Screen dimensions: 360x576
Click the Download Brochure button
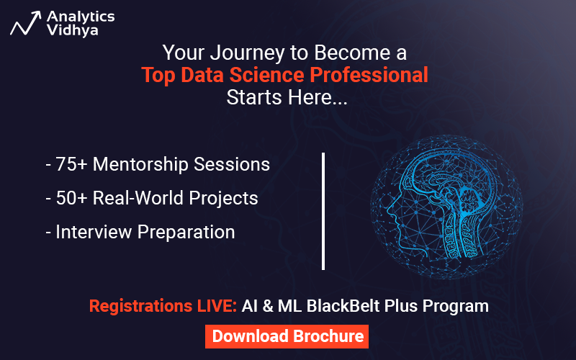point(288,336)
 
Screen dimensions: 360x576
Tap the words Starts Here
point(287,97)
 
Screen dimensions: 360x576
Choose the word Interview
point(90,232)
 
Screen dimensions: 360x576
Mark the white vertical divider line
point(323,210)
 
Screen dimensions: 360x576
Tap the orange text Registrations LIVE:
point(163,306)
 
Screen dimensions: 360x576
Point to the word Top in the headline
point(159,75)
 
